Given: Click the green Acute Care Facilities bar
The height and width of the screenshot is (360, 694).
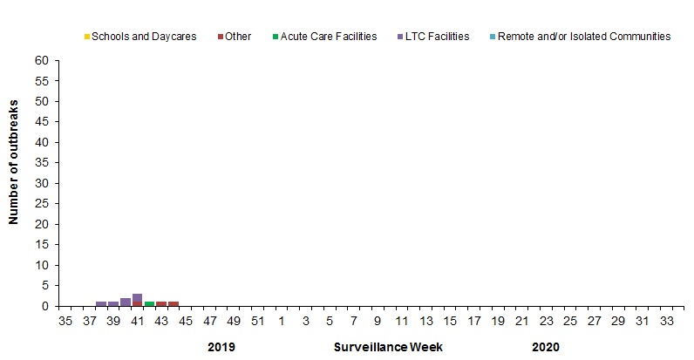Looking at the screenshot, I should click(x=149, y=303).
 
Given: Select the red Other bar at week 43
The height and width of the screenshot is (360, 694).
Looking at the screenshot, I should click(x=161, y=303).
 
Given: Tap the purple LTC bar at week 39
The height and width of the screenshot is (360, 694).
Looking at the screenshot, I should click(x=113, y=303).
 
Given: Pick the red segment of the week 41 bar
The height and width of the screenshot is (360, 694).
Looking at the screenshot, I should click(x=138, y=303).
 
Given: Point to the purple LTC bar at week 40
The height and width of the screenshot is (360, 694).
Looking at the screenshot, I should click(x=126, y=302).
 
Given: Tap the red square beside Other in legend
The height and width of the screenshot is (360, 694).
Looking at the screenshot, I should click(x=220, y=37).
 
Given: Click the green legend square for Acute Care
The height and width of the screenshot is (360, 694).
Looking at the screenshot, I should click(x=274, y=37).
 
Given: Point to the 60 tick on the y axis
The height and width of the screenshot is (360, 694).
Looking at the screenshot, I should click(x=42, y=61).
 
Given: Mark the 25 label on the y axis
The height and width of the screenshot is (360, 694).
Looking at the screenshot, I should click(x=42, y=204).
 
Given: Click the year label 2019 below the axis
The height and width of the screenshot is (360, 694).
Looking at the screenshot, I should click(x=221, y=347).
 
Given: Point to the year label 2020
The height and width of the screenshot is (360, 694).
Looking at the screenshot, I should click(x=545, y=347).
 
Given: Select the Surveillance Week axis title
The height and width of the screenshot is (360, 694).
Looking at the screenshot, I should click(x=388, y=347).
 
